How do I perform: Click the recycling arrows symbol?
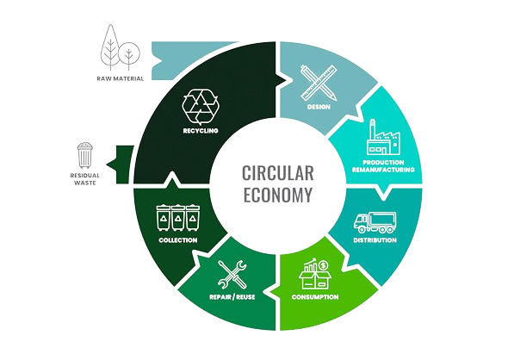coord(201,106)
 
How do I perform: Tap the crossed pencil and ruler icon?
coord(319,83)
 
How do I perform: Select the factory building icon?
coord(383,137)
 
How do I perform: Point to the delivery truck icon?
coord(375,222)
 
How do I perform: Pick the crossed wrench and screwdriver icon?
coord(232,275)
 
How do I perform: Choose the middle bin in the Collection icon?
coord(178,217)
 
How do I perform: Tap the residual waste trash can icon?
coord(85,155)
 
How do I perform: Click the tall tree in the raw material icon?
coord(110,47)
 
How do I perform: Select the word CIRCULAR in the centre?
coord(277,173)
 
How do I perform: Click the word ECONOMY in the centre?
coord(277,196)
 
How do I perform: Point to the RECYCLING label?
coord(201,131)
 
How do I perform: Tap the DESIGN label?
coord(319,107)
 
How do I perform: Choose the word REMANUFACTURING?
coord(383,170)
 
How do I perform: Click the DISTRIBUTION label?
coord(375,240)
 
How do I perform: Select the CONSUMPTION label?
coord(315,297)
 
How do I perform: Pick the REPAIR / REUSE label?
coord(232,297)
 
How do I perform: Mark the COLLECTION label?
coord(178,240)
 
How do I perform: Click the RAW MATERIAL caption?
coord(121,78)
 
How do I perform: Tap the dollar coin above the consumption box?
coord(324,265)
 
